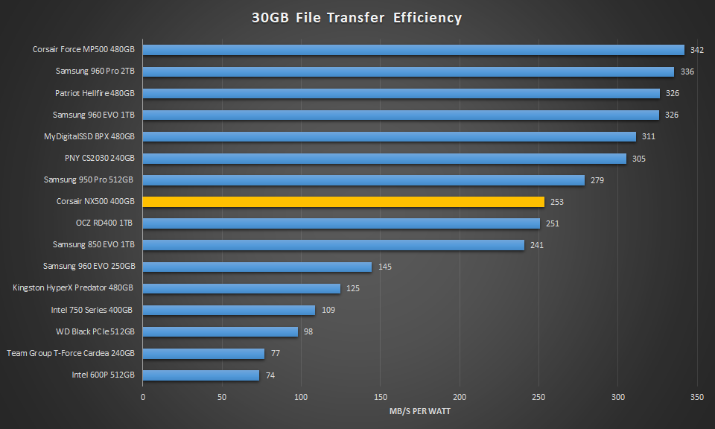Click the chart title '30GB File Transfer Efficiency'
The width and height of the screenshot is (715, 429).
(x=357, y=17)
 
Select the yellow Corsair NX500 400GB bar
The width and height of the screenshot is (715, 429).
(x=343, y=201)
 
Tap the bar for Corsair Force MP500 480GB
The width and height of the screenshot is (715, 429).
(x=413, y=50)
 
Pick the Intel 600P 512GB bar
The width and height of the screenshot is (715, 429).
(x=201, y=375)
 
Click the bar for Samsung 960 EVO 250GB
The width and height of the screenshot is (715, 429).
(x=257, y=267)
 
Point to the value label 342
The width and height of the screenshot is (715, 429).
(x=697, y=51)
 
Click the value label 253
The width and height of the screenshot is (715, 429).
(x=556, y=202)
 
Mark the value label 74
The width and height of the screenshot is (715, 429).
(x=270, y=375)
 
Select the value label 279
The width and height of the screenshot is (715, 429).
(x=597, y=180)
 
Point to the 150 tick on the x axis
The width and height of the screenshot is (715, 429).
(x=381, y=397)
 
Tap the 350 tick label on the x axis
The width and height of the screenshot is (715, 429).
(x=697, y=397)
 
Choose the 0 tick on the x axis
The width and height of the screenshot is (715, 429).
(x=143, y=397)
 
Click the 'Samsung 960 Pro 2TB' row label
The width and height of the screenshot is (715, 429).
(x=95, y=71)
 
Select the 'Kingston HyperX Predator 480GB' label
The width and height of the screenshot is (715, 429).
(x=73, y=287)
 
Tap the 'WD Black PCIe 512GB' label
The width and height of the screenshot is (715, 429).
(x=95, y=331)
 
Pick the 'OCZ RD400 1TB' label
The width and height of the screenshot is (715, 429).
(x=104, y=223)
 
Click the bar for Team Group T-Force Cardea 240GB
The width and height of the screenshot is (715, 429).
(x=203, y=353)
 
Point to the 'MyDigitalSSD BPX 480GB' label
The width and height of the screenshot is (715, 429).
(x=89, y=136)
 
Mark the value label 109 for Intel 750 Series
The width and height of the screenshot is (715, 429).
(x=328, y=310)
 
